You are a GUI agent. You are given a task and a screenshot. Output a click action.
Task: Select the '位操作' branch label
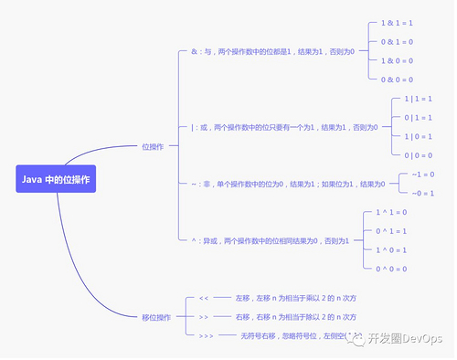pyautogui.click(x=153, y=147)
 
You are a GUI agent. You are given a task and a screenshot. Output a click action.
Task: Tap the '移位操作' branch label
pyautogui.click(x=156, y=318)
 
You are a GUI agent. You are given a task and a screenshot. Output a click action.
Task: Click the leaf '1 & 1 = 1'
pyautogui.click(x=398, y=22)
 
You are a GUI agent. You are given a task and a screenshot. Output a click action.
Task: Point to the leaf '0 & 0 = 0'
pyautogui.click(x=398, y=79)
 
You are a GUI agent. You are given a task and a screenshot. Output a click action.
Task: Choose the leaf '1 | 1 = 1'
pyautogui.click(x=418, y=99)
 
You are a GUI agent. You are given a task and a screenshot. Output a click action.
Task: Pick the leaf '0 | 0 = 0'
pyautogui.click(x=418, y=156)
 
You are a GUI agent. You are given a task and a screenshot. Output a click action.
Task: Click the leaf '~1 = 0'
pyautogui.click(x=423, y=174)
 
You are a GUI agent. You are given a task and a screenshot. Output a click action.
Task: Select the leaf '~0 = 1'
pyautogui.click(x=423, y=193)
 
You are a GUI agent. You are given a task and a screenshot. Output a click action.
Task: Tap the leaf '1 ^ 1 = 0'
pyautogui.click(x=391, y=211)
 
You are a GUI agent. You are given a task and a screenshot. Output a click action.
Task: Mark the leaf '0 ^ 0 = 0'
pyautogui.click(x=391, y=269)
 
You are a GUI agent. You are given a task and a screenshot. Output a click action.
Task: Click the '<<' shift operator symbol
pyautogui.click(x=204, y=299)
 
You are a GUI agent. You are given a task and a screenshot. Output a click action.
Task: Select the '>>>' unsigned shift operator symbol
pyautogui.click(x=207, y=336)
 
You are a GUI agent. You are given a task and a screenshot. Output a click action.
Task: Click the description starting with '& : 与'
pyautogui.click(x=272, y=51)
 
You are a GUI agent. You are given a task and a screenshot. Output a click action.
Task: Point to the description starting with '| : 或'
pyautogui.click(x=283, y=127)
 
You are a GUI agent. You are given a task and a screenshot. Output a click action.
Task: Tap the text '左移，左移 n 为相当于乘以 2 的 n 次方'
pyautogui.click(x=295, y=299)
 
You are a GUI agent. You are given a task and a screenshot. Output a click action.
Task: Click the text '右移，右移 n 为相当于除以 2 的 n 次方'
pyautogui.click(x=295, y=317)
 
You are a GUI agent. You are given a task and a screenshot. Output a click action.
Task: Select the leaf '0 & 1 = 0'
pyautogui.click(x=398, y=41)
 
